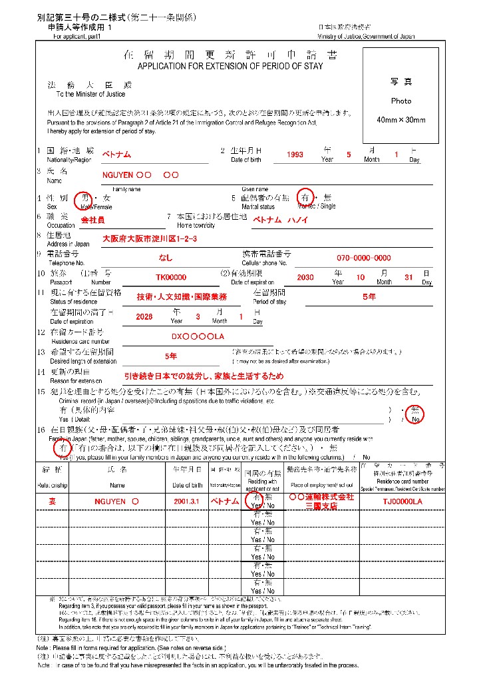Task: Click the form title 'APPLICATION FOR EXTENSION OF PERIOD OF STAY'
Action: coord(230,67)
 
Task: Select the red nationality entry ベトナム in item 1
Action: coord(116,155)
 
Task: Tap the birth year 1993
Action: coord(295,155)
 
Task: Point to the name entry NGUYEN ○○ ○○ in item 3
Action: coord(140,175)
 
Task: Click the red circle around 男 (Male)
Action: coord(82,198)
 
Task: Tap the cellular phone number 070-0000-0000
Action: coord(363,258)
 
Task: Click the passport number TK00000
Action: coord(171,278)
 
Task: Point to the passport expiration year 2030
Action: coord(305,278)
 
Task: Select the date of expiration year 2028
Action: coord(144,317)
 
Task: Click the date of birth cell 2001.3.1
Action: coord(186,501)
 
